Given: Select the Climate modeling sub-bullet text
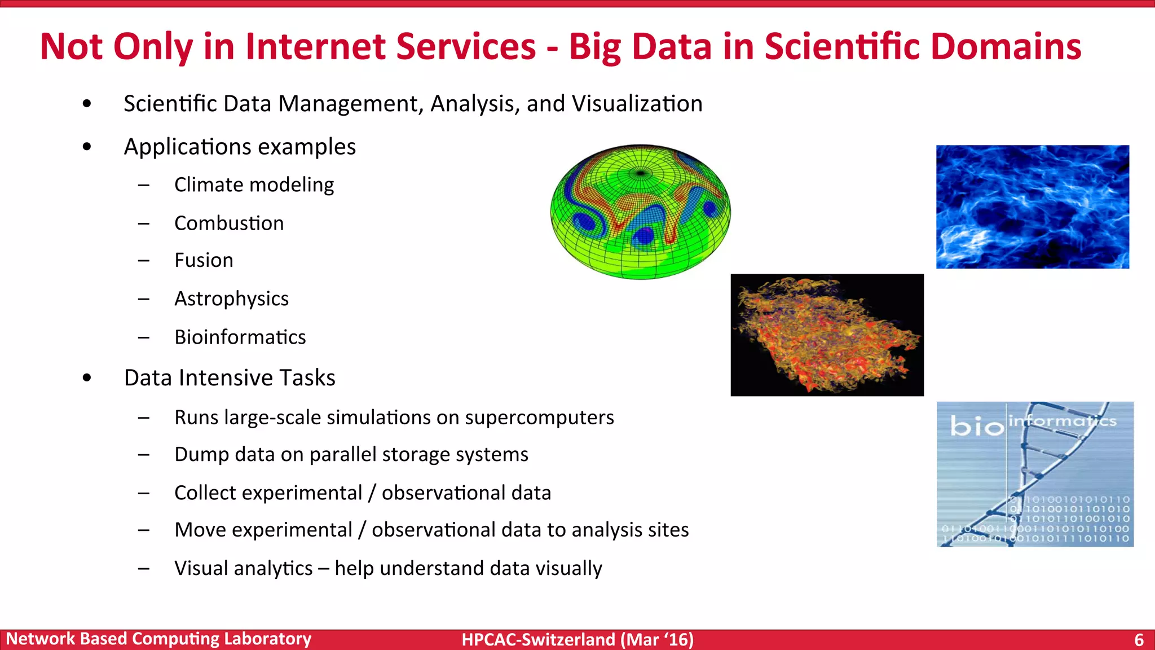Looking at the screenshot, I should pyautogui.click(x=254, y=185).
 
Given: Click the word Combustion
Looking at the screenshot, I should pyautogui.click(x=229, y=223).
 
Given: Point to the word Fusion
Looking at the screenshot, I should pyautogui.click(x=204, y=261).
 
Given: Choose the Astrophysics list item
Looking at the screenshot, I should pyautogui.click(x=231, y=299).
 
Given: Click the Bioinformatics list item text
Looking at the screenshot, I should pyautogui.click(x=240, y=337).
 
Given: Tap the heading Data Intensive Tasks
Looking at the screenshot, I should pyautogui.click(x=230, y=378).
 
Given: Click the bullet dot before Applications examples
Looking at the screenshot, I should pyautogui.click(x=86, y=147).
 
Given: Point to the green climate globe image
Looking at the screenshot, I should pyautogui.click(x=640, y=212).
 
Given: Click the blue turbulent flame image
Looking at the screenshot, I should pyautogui.click(x=1032, y=207).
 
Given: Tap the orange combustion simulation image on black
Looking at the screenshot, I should pyautogui.click(x=827, y=335).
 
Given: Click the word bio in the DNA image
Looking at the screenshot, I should pyautogui.click(x=976, y=426).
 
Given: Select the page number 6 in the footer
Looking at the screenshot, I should pyautogui.click(x=1139, y=640).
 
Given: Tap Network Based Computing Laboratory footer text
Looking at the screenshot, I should pyautogui.click(x=158, y=639).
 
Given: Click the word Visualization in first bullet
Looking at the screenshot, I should pyautogui.click(x=637, y=104).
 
